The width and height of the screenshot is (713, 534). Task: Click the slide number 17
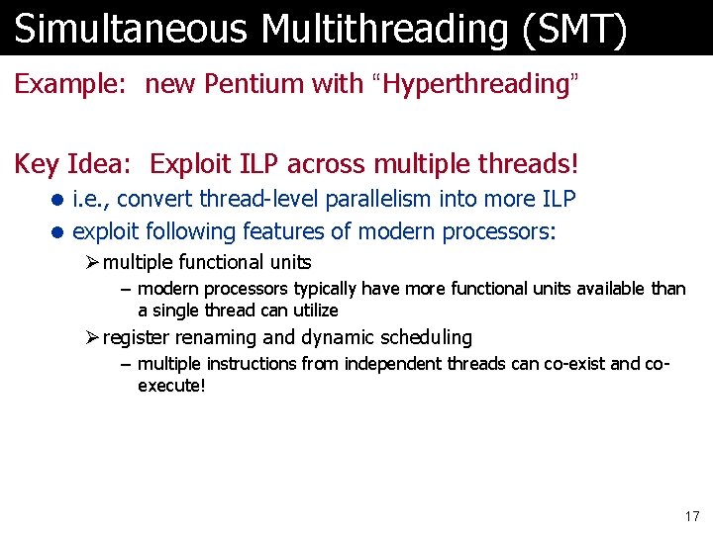click(691, 516)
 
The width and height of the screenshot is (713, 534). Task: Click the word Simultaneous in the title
click(131, 29)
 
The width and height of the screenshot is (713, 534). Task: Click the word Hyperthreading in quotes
click(474, 84)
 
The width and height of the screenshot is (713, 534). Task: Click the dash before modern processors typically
click(124, 289)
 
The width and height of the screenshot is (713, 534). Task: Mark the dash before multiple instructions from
click(124, 364)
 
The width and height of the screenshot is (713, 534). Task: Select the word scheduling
click(428, 337)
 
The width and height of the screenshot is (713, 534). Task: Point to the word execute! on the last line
click(171, 385)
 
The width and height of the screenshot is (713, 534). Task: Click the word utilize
click(312, 310)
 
